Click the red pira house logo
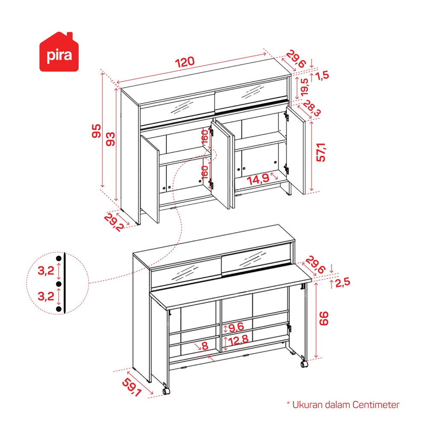[59, 52]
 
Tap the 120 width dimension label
[185, 62]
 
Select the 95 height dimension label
[96, 131]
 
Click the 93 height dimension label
[110, 139]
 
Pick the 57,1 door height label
[321, 152]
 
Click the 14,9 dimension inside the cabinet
[258, 179]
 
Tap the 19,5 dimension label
[305, 87]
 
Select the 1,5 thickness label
[323, 76]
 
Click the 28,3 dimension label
[312, 108]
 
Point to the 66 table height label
[324, 318]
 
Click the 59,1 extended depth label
[132, 387]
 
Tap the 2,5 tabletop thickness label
[343, 283]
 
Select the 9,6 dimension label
[236, 327]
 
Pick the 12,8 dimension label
[238, 340]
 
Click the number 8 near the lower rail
[205, 346]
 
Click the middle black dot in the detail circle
[59, 284]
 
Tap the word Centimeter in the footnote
[376, 405]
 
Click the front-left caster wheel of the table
[166, 391]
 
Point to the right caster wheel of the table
[304, 364]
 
